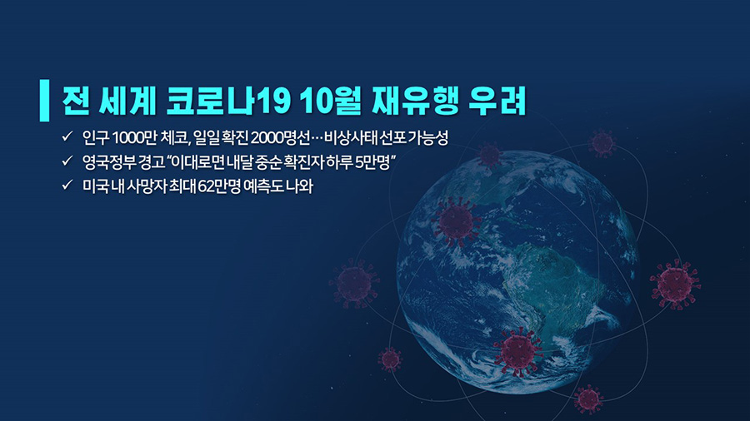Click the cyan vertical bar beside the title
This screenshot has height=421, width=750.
(44, 100)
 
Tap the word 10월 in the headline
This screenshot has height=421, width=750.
(331, 102)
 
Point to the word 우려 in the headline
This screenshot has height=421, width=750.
(497, 102)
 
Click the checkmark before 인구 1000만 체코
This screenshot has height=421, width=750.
(67, 136)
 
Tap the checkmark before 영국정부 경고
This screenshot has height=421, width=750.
(67, 161)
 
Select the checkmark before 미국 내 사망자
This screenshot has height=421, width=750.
(67, 185)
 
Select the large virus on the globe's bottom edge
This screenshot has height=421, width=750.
(518, 352)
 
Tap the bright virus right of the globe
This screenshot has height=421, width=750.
(675, 284)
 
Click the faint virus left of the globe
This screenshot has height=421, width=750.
(354, 284)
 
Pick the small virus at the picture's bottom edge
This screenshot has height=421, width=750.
(588, 399)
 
